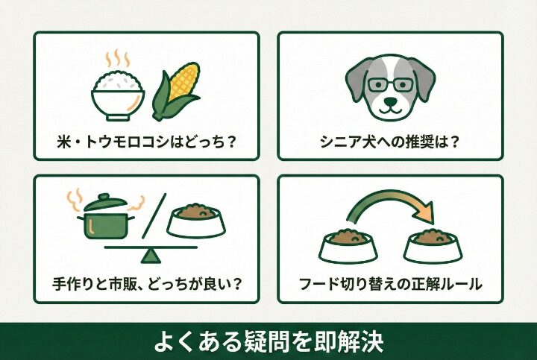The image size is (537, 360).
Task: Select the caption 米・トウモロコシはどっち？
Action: [x=146, y=141]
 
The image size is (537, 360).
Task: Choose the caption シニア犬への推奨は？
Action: [x=389, y=141]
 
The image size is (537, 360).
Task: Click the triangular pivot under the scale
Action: [x=151, y=255]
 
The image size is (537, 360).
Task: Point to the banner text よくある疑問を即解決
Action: [x=268, y=341]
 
